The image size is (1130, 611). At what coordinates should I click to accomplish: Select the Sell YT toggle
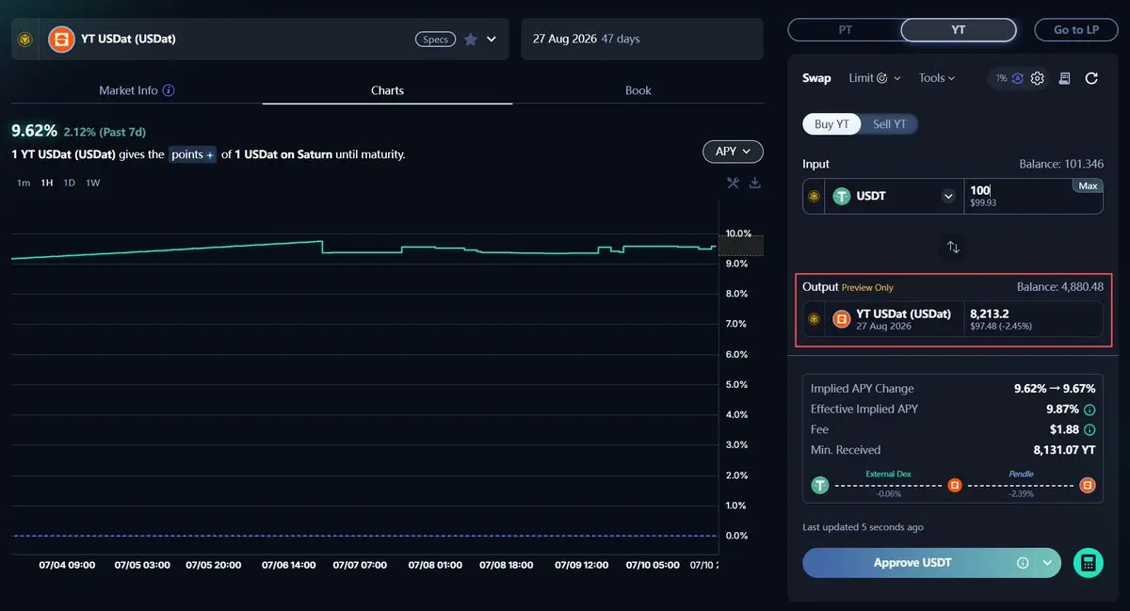pos(889,124)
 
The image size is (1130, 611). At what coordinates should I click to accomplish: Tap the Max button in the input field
pos(1088,185)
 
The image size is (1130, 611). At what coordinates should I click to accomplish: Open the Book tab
pos(638,90)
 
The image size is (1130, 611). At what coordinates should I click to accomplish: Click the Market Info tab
pos(137,90)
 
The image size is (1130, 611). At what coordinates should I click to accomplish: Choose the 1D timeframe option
pos(69,183)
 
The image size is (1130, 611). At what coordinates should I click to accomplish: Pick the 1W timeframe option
pos(93,183)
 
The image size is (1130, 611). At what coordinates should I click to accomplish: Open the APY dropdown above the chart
pos(733,152)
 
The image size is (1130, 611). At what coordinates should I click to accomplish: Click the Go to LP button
pos(1076,30)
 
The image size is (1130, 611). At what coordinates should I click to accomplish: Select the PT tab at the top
pos(845,30)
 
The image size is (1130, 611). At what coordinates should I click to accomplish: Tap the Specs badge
pos(435,40)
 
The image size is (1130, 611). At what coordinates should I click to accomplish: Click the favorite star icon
pos(471,40)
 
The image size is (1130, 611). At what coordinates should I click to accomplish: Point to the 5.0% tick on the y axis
pos(736,384)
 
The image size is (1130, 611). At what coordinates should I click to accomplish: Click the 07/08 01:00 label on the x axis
pos(435,565)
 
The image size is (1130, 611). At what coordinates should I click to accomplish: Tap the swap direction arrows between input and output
pos(953,248)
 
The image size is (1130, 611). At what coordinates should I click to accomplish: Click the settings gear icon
pos(1037,78)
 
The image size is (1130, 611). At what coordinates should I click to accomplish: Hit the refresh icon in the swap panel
pos(1091,78)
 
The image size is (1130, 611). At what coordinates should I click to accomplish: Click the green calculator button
pos(1089,563)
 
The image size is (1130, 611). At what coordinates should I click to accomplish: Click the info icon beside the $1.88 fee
pos(1090,430)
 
